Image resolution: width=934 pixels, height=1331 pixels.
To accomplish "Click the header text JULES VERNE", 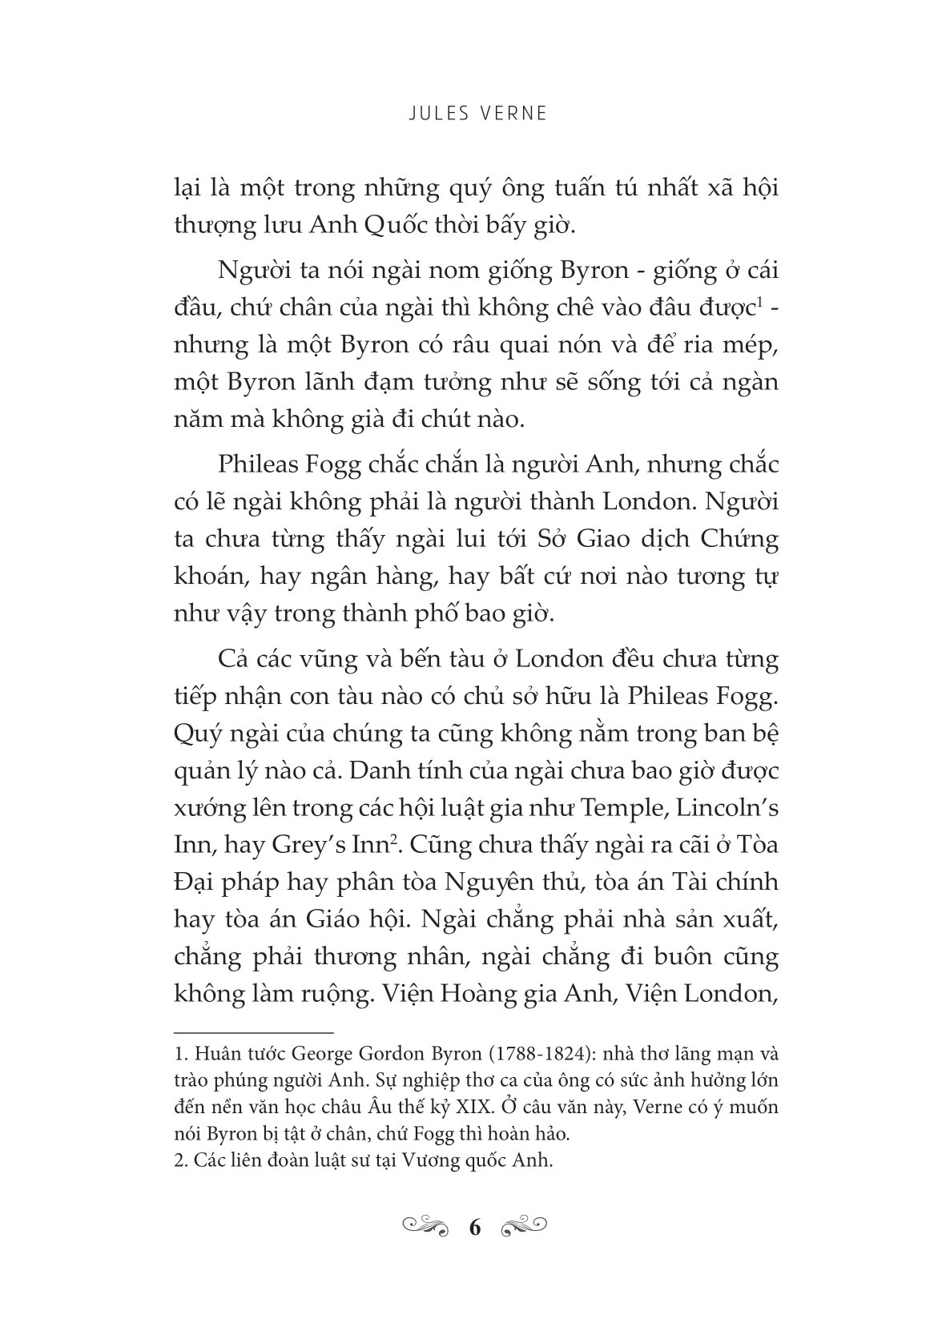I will [x=467, y=114].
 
